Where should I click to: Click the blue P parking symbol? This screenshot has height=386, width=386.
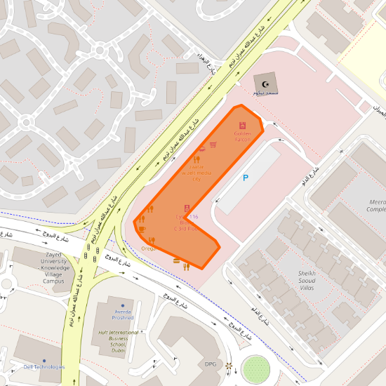click(x=245, y=178)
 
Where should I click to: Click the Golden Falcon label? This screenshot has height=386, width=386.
click(x=242, y=136)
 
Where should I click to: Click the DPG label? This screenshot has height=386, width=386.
click(x=211, y=364)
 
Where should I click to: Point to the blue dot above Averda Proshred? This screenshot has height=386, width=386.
click(x=123, y=306)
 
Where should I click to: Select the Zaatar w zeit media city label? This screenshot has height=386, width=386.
click(x=197, y=173)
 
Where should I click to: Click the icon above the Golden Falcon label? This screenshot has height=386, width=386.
click(x=242, y=126)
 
